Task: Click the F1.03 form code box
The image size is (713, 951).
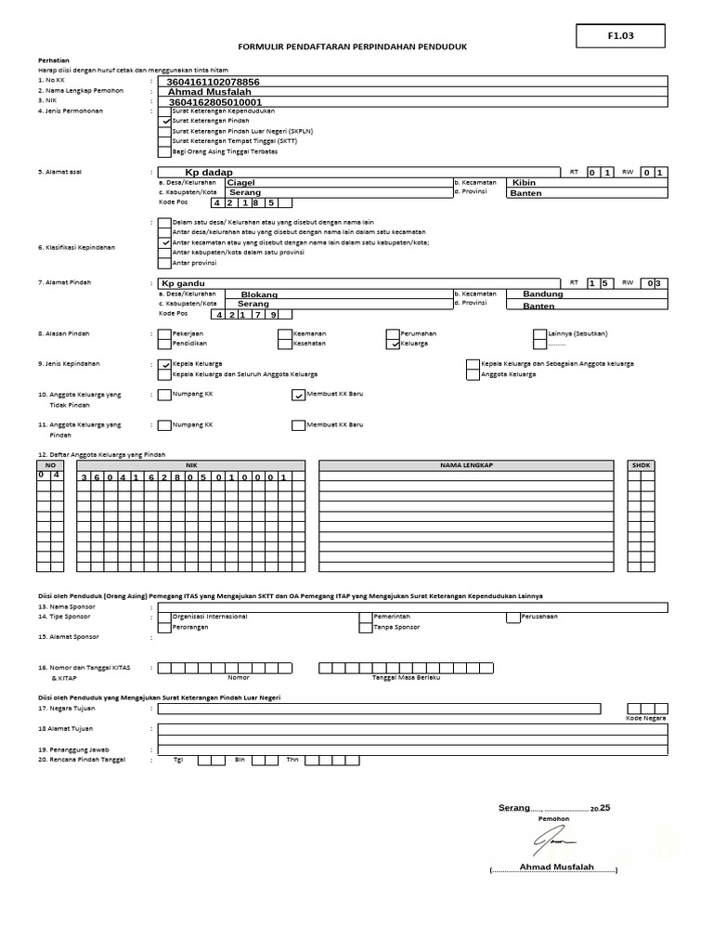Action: (620, 35)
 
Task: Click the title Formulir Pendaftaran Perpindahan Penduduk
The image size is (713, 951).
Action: (352, 46)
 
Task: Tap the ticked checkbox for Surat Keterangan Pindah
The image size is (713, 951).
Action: (164, 121)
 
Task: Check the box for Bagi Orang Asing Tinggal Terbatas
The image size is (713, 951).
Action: (164, 151)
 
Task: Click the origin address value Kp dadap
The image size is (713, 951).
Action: (209, 173)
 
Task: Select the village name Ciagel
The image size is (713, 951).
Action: (240, 183)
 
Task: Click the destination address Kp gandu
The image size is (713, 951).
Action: (183, 283)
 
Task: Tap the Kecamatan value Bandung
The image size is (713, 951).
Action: (543, 293)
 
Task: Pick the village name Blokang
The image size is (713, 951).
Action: (259, 294)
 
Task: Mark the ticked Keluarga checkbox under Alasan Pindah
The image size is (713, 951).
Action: (394, 343)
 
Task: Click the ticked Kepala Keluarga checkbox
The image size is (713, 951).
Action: (164, 364)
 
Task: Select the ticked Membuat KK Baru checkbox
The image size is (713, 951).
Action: (298, 395)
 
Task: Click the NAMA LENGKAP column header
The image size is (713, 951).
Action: (466, 464)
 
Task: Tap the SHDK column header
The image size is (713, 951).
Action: (641, 464)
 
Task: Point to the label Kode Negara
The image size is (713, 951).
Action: (646, 718)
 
